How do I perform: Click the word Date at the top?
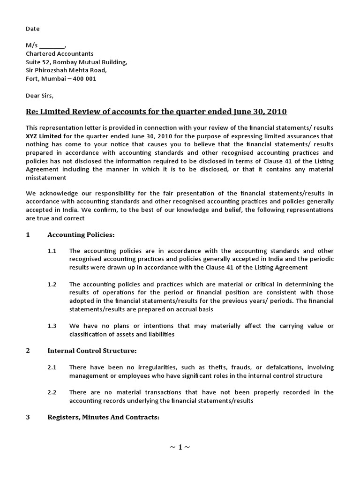click(32, 29)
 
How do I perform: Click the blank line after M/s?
click(52, 46)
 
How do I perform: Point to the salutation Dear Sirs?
click(40, 96)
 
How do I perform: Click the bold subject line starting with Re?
click(156, 112)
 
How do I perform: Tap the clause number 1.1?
click(52, 251)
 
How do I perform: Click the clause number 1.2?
click(52, 284)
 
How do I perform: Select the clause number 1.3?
click(52, 326)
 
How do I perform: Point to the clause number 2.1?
click(52, 367)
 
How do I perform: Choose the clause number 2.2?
click(52, 392)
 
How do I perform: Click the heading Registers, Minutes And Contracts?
click(104, 417)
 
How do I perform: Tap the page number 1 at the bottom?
click(180, 447)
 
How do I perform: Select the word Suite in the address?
click(33, 62)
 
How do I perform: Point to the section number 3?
click(28, 417)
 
